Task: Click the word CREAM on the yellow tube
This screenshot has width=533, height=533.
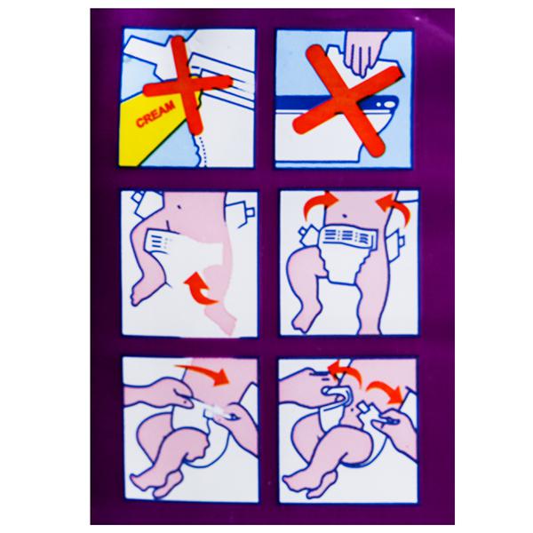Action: coord(155,114)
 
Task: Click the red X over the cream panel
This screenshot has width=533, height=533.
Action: coord(187,85)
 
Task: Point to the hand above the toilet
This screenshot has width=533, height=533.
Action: coord(365,51)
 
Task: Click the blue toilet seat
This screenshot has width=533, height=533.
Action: coord(337,103)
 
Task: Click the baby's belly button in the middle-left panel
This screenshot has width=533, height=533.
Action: coord(179,206)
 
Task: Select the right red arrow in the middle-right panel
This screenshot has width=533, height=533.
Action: coord(394,206)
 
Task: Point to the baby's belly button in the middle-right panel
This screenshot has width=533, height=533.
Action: coord(346,216)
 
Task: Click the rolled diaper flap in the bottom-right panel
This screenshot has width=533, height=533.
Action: coord(337,396)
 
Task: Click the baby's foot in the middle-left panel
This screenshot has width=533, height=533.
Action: coord(141,290)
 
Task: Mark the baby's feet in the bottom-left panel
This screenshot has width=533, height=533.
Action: coord(153,481)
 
